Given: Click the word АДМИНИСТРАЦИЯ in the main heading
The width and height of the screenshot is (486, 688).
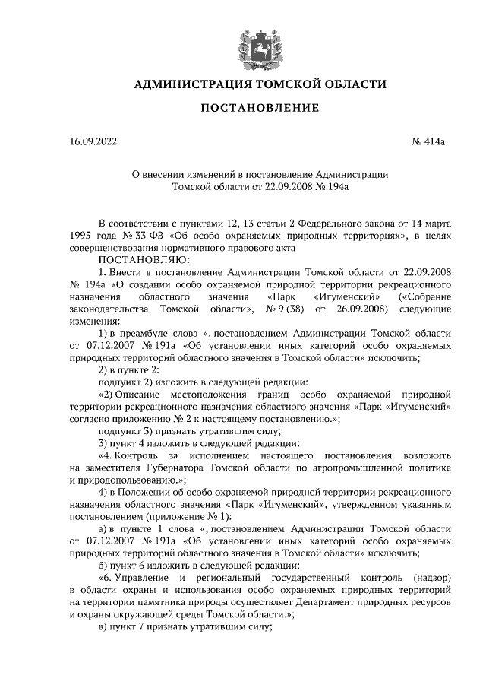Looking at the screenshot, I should tap(184, 84).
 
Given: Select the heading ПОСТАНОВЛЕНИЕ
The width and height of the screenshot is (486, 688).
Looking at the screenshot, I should tap(259, 109).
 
